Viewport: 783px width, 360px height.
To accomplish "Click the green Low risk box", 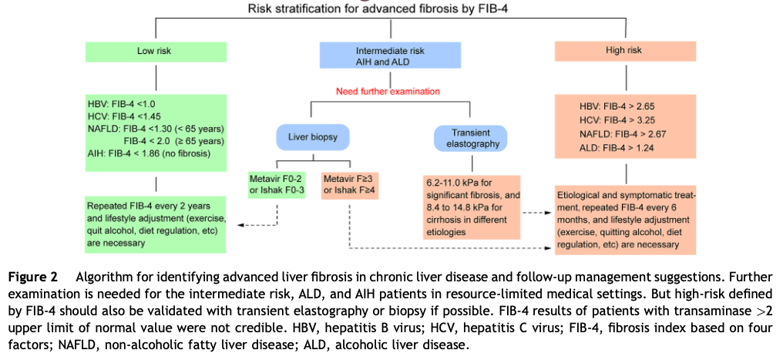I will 156,52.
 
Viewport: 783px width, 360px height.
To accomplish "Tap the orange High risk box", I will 625,51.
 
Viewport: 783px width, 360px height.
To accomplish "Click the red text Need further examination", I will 388,91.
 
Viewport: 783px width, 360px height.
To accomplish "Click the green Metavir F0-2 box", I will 275,186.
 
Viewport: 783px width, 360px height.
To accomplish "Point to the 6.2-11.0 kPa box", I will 472,207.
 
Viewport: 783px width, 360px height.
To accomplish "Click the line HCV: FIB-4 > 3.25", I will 617,120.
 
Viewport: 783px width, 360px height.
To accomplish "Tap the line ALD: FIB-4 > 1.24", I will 617,148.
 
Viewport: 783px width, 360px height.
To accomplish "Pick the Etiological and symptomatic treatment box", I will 625,220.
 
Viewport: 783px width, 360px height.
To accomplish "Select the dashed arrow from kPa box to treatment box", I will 536,212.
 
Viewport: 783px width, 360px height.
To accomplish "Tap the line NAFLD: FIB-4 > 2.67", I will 617,134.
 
